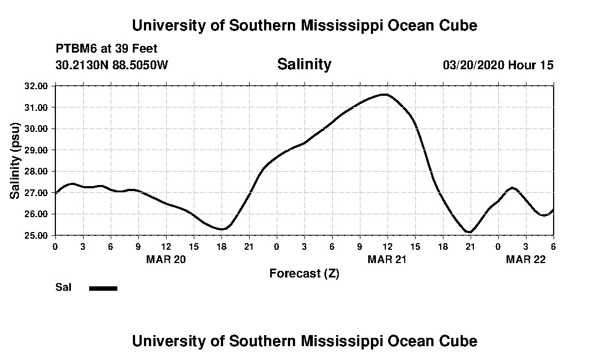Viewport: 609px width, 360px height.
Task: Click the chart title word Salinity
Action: [x=304, y=64]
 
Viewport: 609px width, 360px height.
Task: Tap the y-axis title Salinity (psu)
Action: [x=16, y=161]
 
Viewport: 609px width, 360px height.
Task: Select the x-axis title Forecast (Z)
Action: [x=304, y=273]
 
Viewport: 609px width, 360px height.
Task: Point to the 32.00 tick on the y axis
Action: [x=36, y=86]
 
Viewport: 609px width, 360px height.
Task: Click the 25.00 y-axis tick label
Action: [x=36, y=235]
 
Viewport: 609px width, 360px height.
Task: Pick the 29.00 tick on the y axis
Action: [x=36, y=150]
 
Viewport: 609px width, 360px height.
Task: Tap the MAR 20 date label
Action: [x=166, y=259]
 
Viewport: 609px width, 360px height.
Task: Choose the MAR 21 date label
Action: [x=388, y=259]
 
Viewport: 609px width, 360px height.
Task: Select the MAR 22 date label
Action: [x=526, y=259]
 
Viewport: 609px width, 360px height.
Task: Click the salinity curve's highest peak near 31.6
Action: [x=385, y=95]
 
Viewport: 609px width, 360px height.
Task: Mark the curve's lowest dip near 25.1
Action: [x=469, y=232]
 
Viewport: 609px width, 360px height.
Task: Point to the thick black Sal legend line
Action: [x=104, y=288]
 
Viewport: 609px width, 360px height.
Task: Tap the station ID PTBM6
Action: [x=75, y=49]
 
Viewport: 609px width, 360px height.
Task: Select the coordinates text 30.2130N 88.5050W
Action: [x=112, y=65]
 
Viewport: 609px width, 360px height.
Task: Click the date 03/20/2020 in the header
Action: [x=474, y=65]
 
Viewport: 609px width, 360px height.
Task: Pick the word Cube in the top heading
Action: [x=458, y=25]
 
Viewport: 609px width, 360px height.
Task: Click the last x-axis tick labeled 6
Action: [x=553, y=246]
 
